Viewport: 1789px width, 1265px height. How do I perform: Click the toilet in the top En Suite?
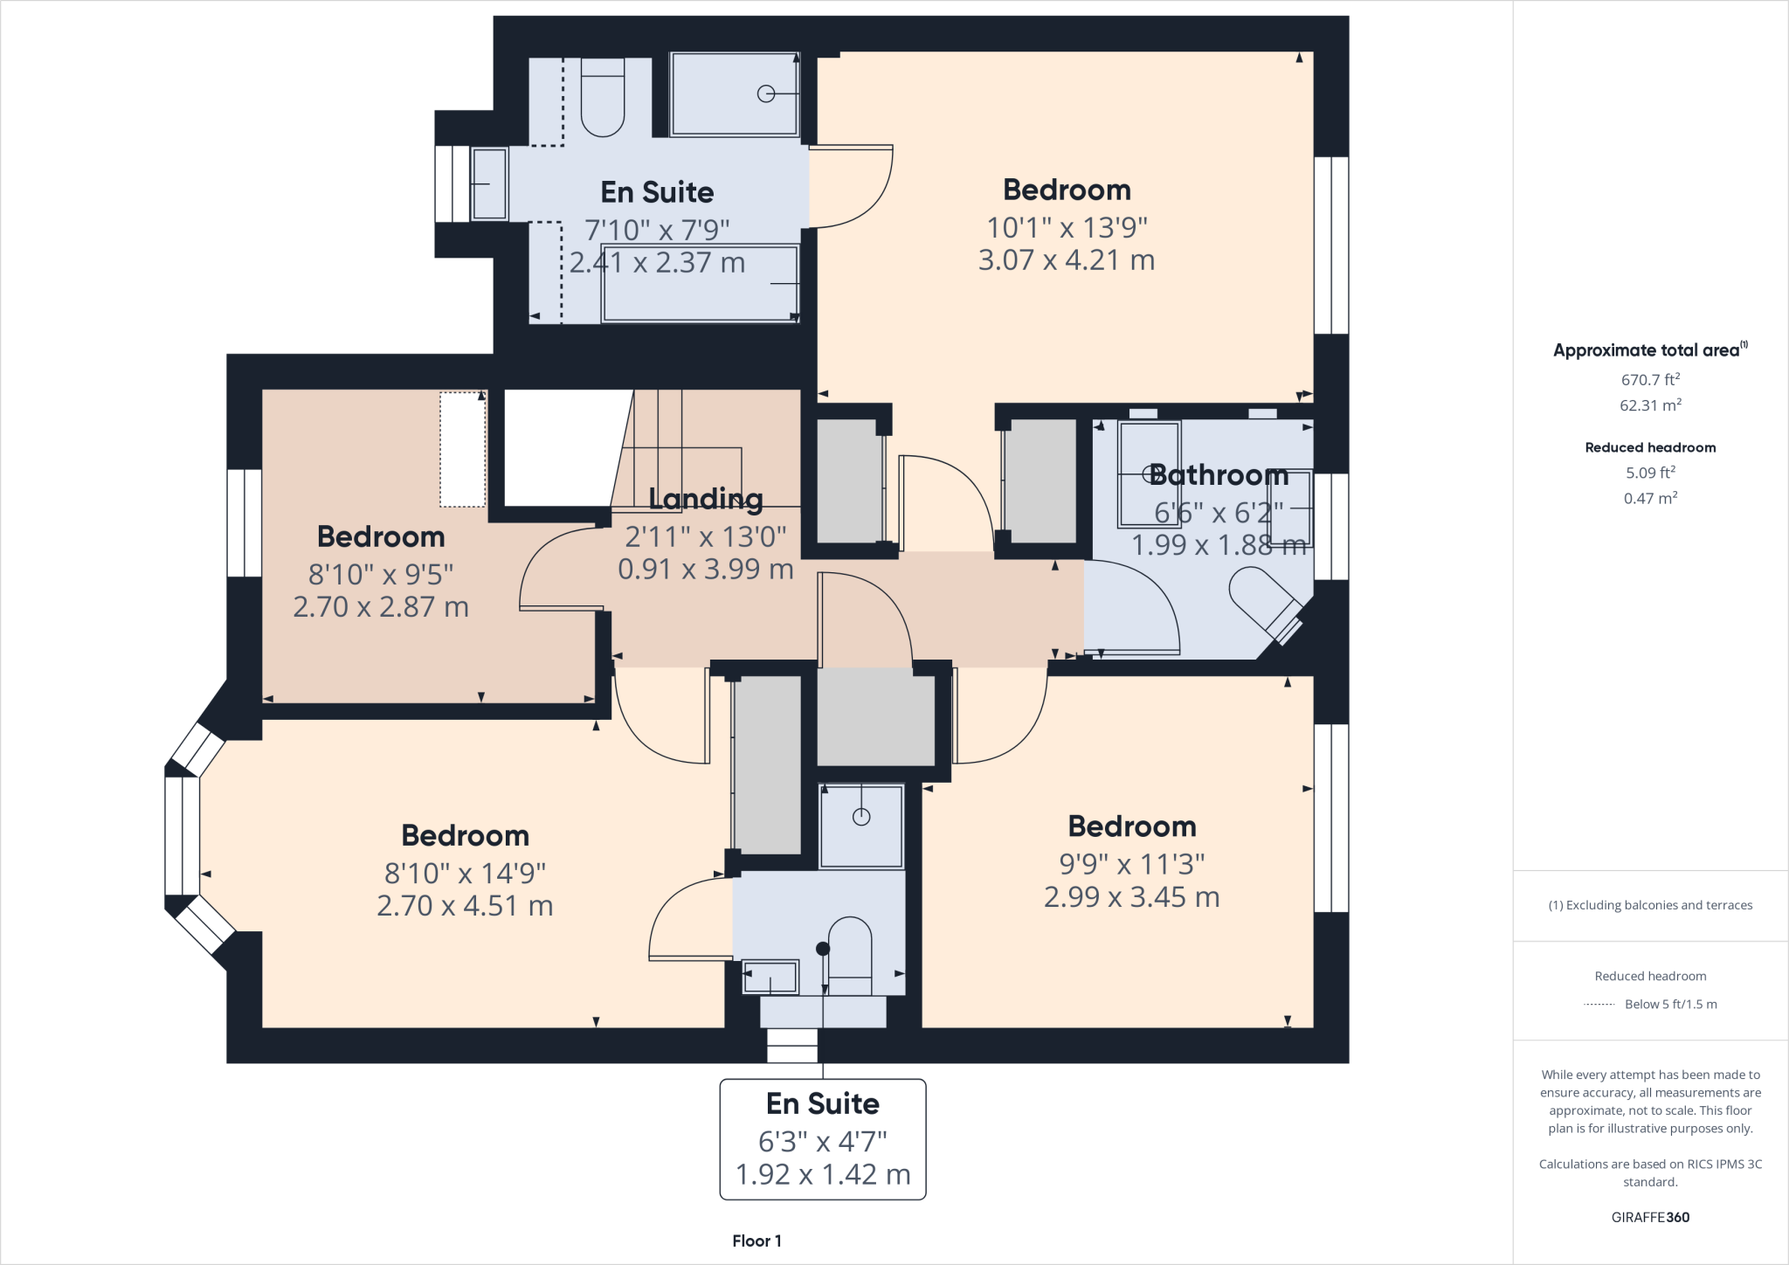[x=603, y=100]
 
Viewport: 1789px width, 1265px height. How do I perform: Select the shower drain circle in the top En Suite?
[x=766, y=93]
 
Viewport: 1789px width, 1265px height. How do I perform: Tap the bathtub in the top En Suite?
[x=699, y=284]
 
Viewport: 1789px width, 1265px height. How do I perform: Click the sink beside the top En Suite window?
[x=489, y=183]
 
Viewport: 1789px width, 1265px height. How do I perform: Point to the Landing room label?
[x=706, y=499]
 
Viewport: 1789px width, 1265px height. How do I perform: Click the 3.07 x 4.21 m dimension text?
[x=1067, y=260]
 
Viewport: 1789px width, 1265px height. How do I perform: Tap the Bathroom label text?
[x=1219, y=475]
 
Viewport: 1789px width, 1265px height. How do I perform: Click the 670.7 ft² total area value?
[x=1650, y=380]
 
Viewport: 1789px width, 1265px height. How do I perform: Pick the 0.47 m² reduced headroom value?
[x=1650, y=499]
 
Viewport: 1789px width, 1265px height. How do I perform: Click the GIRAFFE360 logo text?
[x=1650, y=1217]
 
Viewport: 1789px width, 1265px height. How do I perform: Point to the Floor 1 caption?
[x=756, y=1241]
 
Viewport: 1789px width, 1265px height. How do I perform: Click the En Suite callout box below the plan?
[x=823, y=1139]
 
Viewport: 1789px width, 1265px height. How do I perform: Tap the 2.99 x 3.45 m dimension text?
[x=1131, y=897]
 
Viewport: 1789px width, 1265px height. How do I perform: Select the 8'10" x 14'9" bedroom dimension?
[x=465, y=873]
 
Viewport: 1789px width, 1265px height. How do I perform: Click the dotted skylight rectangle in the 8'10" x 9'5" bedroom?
[x=462, y=449]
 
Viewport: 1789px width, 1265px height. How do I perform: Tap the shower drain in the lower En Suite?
[x=861, y=817]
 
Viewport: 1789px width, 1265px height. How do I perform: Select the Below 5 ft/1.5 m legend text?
[x=1670, y=1005]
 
